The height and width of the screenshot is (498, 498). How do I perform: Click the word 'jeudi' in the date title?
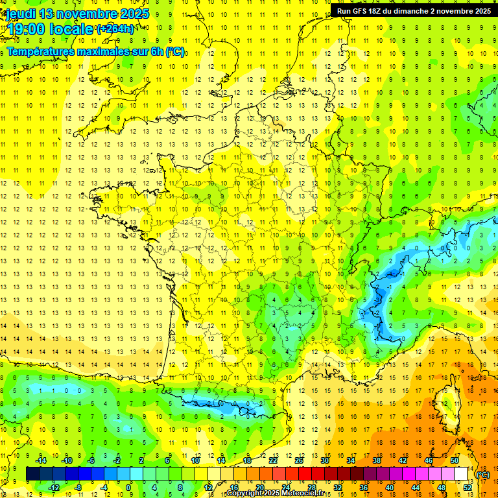pyautogui.click(x=20, y=14)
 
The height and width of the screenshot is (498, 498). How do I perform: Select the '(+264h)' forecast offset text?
pyautogui.click(x=115, y=29)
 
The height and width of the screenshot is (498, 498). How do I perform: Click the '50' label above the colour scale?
pyautogui.click(x=454, y=460)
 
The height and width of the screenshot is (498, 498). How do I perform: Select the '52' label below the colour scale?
pyautogui.click(x=467, y=487)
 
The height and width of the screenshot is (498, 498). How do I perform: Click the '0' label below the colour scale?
pyautogui.click(x=128, y=487)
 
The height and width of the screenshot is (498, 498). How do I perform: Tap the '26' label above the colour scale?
pyautogui.click(x=299, y=460)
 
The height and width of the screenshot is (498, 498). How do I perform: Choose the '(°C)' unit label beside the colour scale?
pyautogui.click(x=482, y=475)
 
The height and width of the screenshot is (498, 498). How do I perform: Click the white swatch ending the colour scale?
pyautogui.click(x=460, y=474)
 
